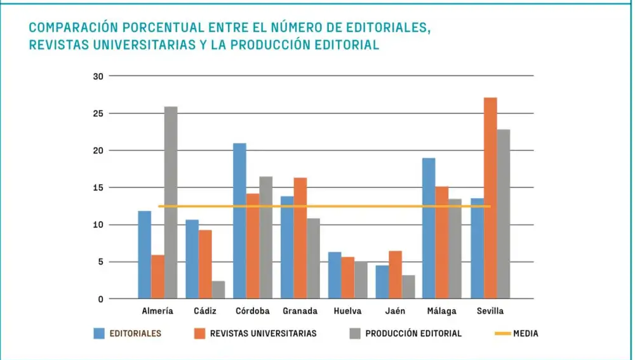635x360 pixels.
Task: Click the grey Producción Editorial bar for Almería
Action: [171, 203]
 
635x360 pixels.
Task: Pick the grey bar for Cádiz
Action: [218, 290]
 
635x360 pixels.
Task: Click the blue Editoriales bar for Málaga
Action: [429, 229]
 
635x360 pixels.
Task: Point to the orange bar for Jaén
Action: [395, 275]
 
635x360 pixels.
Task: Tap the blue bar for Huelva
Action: [335, 276]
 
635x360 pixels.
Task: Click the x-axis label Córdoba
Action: [252, 311]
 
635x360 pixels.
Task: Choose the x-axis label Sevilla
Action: [490, 311]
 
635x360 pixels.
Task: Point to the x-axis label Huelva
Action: [347, 311]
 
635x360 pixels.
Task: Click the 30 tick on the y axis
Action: [98, 76]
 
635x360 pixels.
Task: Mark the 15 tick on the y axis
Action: [98, 188]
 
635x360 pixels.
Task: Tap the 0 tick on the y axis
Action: [100, 299]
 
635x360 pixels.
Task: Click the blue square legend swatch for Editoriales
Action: [99, 333]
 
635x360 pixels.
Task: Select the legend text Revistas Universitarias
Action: [263, 333]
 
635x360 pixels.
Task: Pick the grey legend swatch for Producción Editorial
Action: [355, 333]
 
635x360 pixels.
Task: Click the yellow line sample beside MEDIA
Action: [502, 333]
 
